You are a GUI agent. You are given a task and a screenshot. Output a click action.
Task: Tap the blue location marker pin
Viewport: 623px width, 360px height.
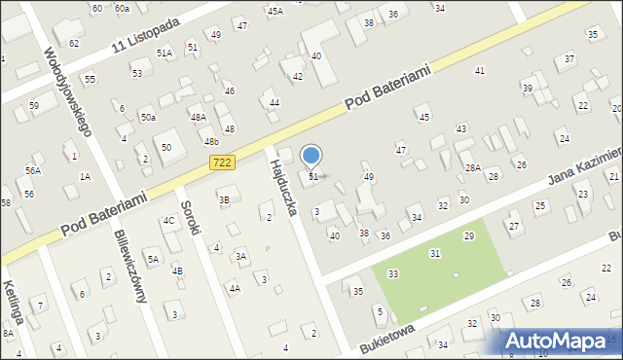pos(311,157)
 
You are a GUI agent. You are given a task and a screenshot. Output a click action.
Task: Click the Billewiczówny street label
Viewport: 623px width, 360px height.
pos(130,267)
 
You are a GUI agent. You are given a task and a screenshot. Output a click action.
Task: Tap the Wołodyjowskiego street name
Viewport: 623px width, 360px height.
pos(67,89)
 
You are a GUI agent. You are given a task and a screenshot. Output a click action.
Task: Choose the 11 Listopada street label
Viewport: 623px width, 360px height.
pos(146,33)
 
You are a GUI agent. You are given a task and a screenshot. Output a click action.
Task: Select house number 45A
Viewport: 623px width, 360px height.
pos(275,11)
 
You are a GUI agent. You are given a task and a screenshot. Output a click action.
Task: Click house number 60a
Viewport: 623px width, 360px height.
pos(122,8)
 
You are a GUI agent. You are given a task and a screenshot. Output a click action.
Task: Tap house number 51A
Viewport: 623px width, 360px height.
pos(165,54)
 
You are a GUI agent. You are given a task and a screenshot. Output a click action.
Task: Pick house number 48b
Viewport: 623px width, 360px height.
pos(211,141)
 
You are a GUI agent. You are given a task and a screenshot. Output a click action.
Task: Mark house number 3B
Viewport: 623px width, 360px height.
pos(224,200)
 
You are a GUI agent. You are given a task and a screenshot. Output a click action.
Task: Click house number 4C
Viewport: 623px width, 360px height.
pos(168,221)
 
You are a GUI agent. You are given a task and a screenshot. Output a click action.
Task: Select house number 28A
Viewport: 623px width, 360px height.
pos(472,168)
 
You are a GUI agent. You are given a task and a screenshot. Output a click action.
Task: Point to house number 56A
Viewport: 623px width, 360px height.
pos(32,170)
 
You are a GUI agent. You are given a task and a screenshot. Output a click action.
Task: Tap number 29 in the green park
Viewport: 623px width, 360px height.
pos(468,236)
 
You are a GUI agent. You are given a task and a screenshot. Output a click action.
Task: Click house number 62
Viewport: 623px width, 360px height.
pos(74,44)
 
